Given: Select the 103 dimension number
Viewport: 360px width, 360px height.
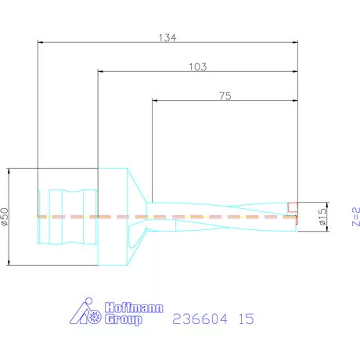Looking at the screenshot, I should click(x=198, y=67).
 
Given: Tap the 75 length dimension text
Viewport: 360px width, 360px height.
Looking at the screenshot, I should click(x=225, y=96).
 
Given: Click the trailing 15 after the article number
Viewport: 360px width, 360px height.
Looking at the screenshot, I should click(x=246, y=319).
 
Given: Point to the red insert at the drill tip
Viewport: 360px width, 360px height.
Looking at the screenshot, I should click(x=293, y=208).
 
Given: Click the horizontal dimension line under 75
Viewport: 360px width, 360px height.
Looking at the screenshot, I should click(x=225, y=102).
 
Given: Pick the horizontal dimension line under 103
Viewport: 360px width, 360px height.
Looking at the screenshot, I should click(x=198, y=73).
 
